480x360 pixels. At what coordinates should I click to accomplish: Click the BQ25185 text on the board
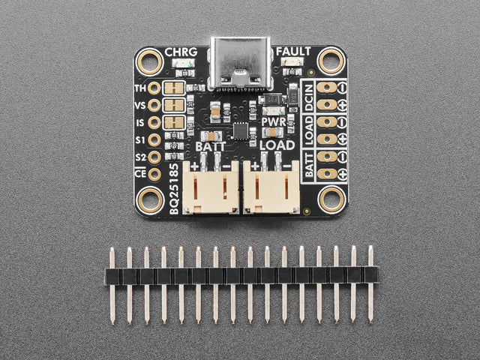174,187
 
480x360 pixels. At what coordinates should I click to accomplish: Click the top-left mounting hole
150,60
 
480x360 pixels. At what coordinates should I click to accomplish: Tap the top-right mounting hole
330,60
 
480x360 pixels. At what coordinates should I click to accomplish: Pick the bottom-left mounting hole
150,200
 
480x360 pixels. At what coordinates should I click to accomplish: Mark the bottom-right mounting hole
330,200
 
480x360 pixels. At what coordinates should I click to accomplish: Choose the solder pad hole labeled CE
154,175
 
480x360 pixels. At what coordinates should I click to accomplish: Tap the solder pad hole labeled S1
154,140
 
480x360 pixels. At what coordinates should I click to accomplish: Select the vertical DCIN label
310,97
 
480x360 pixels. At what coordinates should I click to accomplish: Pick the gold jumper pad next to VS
174,105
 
